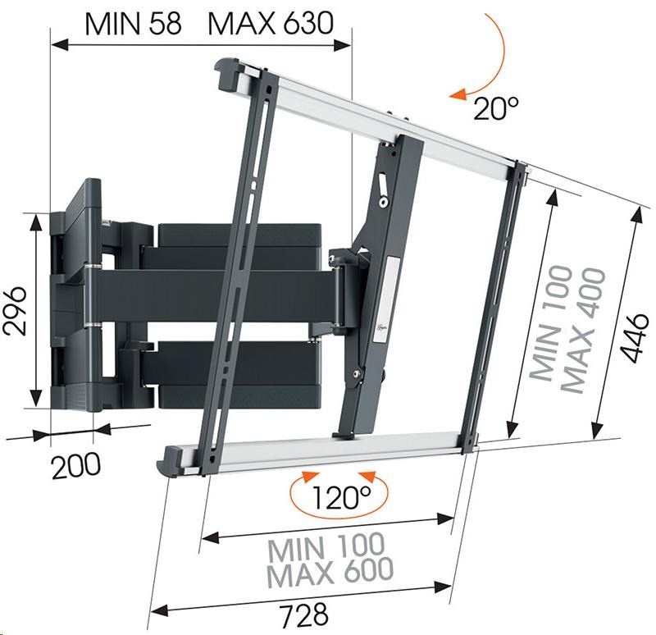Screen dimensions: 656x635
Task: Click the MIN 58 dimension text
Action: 133,24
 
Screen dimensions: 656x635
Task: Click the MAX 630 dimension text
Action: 271,24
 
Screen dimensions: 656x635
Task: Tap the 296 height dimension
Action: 15,311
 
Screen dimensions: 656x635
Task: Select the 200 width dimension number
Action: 76,465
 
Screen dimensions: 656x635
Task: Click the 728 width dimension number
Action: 304,614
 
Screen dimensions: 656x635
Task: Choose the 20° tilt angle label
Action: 496,108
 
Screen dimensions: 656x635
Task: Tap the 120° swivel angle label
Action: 341,497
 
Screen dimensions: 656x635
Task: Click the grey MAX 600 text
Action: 330,571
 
